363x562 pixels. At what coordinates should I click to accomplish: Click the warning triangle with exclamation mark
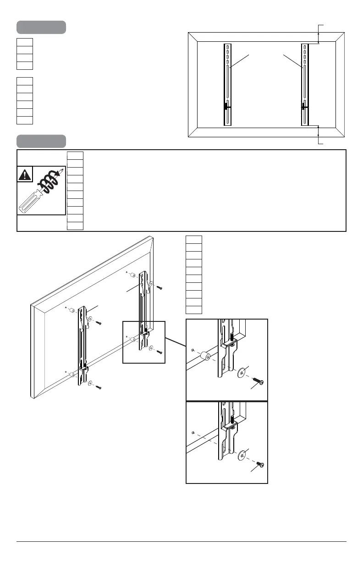pos(25,175)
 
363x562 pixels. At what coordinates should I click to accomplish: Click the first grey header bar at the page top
pos(41,27)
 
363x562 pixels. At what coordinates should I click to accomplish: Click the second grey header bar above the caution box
pos(41,141)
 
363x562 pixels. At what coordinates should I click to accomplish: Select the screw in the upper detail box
pos(257,382)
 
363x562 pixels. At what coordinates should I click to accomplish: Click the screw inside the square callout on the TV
pos(159,352)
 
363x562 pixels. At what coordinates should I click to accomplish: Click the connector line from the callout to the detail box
pos(175,342)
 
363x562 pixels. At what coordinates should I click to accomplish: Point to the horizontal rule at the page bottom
pos(181,542)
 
